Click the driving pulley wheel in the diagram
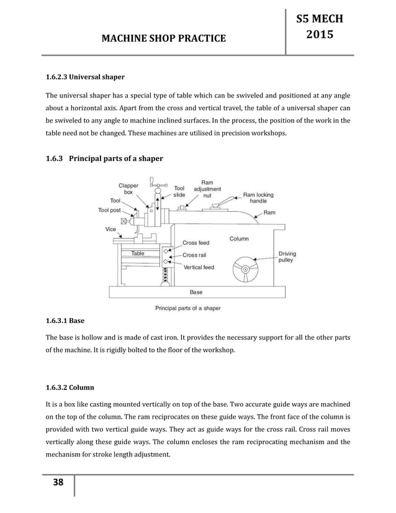246,270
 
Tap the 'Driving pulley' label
287,258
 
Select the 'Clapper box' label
129,188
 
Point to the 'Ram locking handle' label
258,197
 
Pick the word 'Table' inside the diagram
137,254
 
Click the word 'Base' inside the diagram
196,291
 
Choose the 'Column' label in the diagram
239,238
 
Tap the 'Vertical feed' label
199,267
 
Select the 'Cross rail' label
194,255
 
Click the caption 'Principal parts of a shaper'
186,307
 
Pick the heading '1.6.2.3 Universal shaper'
86,78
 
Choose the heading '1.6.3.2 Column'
70,387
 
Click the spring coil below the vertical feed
165,273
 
